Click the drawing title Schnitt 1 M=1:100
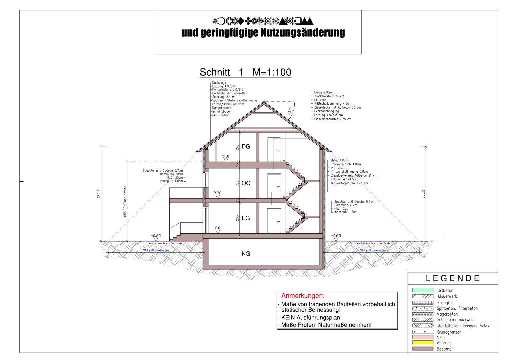coord(245,72)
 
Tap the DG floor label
coord(246,147)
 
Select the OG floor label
coord(246,183)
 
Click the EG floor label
coord(246,218)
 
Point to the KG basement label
coord(246,254)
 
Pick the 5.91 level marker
coord(226,156)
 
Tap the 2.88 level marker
coord(217,193)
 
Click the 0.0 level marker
coord(217,228)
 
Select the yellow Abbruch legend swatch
coord(423,343)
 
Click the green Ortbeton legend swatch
coord(423,290)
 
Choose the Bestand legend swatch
coord(423,349)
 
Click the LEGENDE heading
coord(453,278)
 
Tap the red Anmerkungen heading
coord(303,296)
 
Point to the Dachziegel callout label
coord(219,83)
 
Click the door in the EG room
coord(273,221)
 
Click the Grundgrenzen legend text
coord(449,332)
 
